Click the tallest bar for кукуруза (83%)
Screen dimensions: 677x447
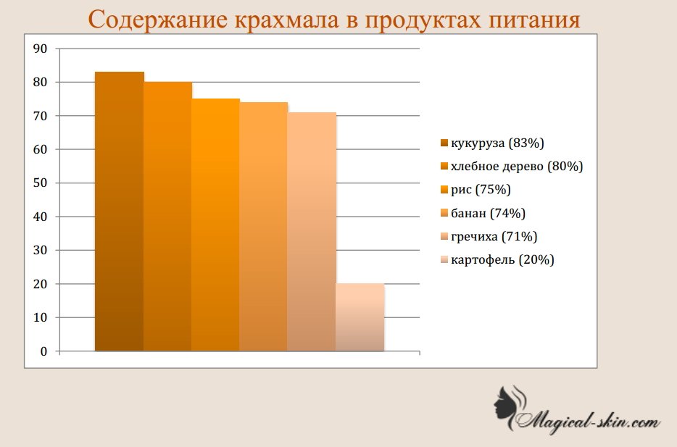coord(119,212)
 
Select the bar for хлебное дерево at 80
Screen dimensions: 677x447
coord(167,217)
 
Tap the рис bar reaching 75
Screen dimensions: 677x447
coord(215,225)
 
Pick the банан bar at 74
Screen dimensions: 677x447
coord(263,227)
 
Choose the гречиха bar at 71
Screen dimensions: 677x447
coord(312,232)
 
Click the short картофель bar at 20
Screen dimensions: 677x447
coord(360,317)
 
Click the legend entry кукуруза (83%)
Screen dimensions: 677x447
coord(492,143)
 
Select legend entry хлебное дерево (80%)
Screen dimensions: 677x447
coord(512,166)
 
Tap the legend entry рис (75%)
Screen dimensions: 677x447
coord(475,189)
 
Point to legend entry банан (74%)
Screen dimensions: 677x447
coord(483,213)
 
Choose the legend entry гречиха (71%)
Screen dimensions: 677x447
coord(489,236)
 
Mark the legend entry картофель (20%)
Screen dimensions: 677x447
coord(497,260)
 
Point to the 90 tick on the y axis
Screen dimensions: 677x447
coord(40,49)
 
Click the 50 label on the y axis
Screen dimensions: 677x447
coord(40,183)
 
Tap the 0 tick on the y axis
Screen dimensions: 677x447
coord(43,351)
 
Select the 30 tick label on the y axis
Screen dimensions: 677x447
coord(40,250)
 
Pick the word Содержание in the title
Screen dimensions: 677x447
coord(158,20)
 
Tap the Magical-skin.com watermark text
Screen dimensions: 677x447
coord(587,419)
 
